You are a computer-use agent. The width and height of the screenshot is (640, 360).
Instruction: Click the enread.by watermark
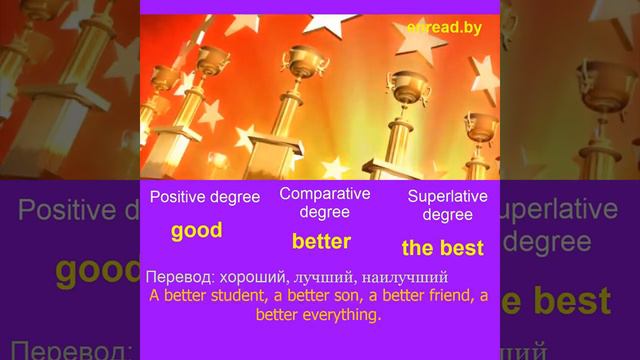(444, 28)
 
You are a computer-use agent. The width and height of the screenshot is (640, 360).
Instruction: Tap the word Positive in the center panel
(180, 197)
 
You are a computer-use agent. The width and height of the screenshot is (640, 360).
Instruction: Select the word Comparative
(324, 193)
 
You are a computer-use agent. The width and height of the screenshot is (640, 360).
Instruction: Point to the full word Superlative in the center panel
(447, 196)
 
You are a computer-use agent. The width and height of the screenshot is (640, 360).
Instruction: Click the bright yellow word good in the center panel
(196, 231)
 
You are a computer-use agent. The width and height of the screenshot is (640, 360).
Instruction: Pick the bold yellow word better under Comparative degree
(321, 241)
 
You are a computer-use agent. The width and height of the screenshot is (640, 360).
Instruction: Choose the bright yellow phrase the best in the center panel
(442, 247)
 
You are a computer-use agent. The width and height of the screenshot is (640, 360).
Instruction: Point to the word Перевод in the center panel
(177, 275)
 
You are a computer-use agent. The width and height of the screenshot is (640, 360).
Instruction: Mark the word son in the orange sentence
(324, 295)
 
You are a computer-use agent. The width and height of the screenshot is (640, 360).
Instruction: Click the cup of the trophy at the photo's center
(299, 60)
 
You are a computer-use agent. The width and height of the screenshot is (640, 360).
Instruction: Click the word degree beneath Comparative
(324, 211)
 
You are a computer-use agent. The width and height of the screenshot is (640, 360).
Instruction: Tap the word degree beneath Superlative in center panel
(447, 214)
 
